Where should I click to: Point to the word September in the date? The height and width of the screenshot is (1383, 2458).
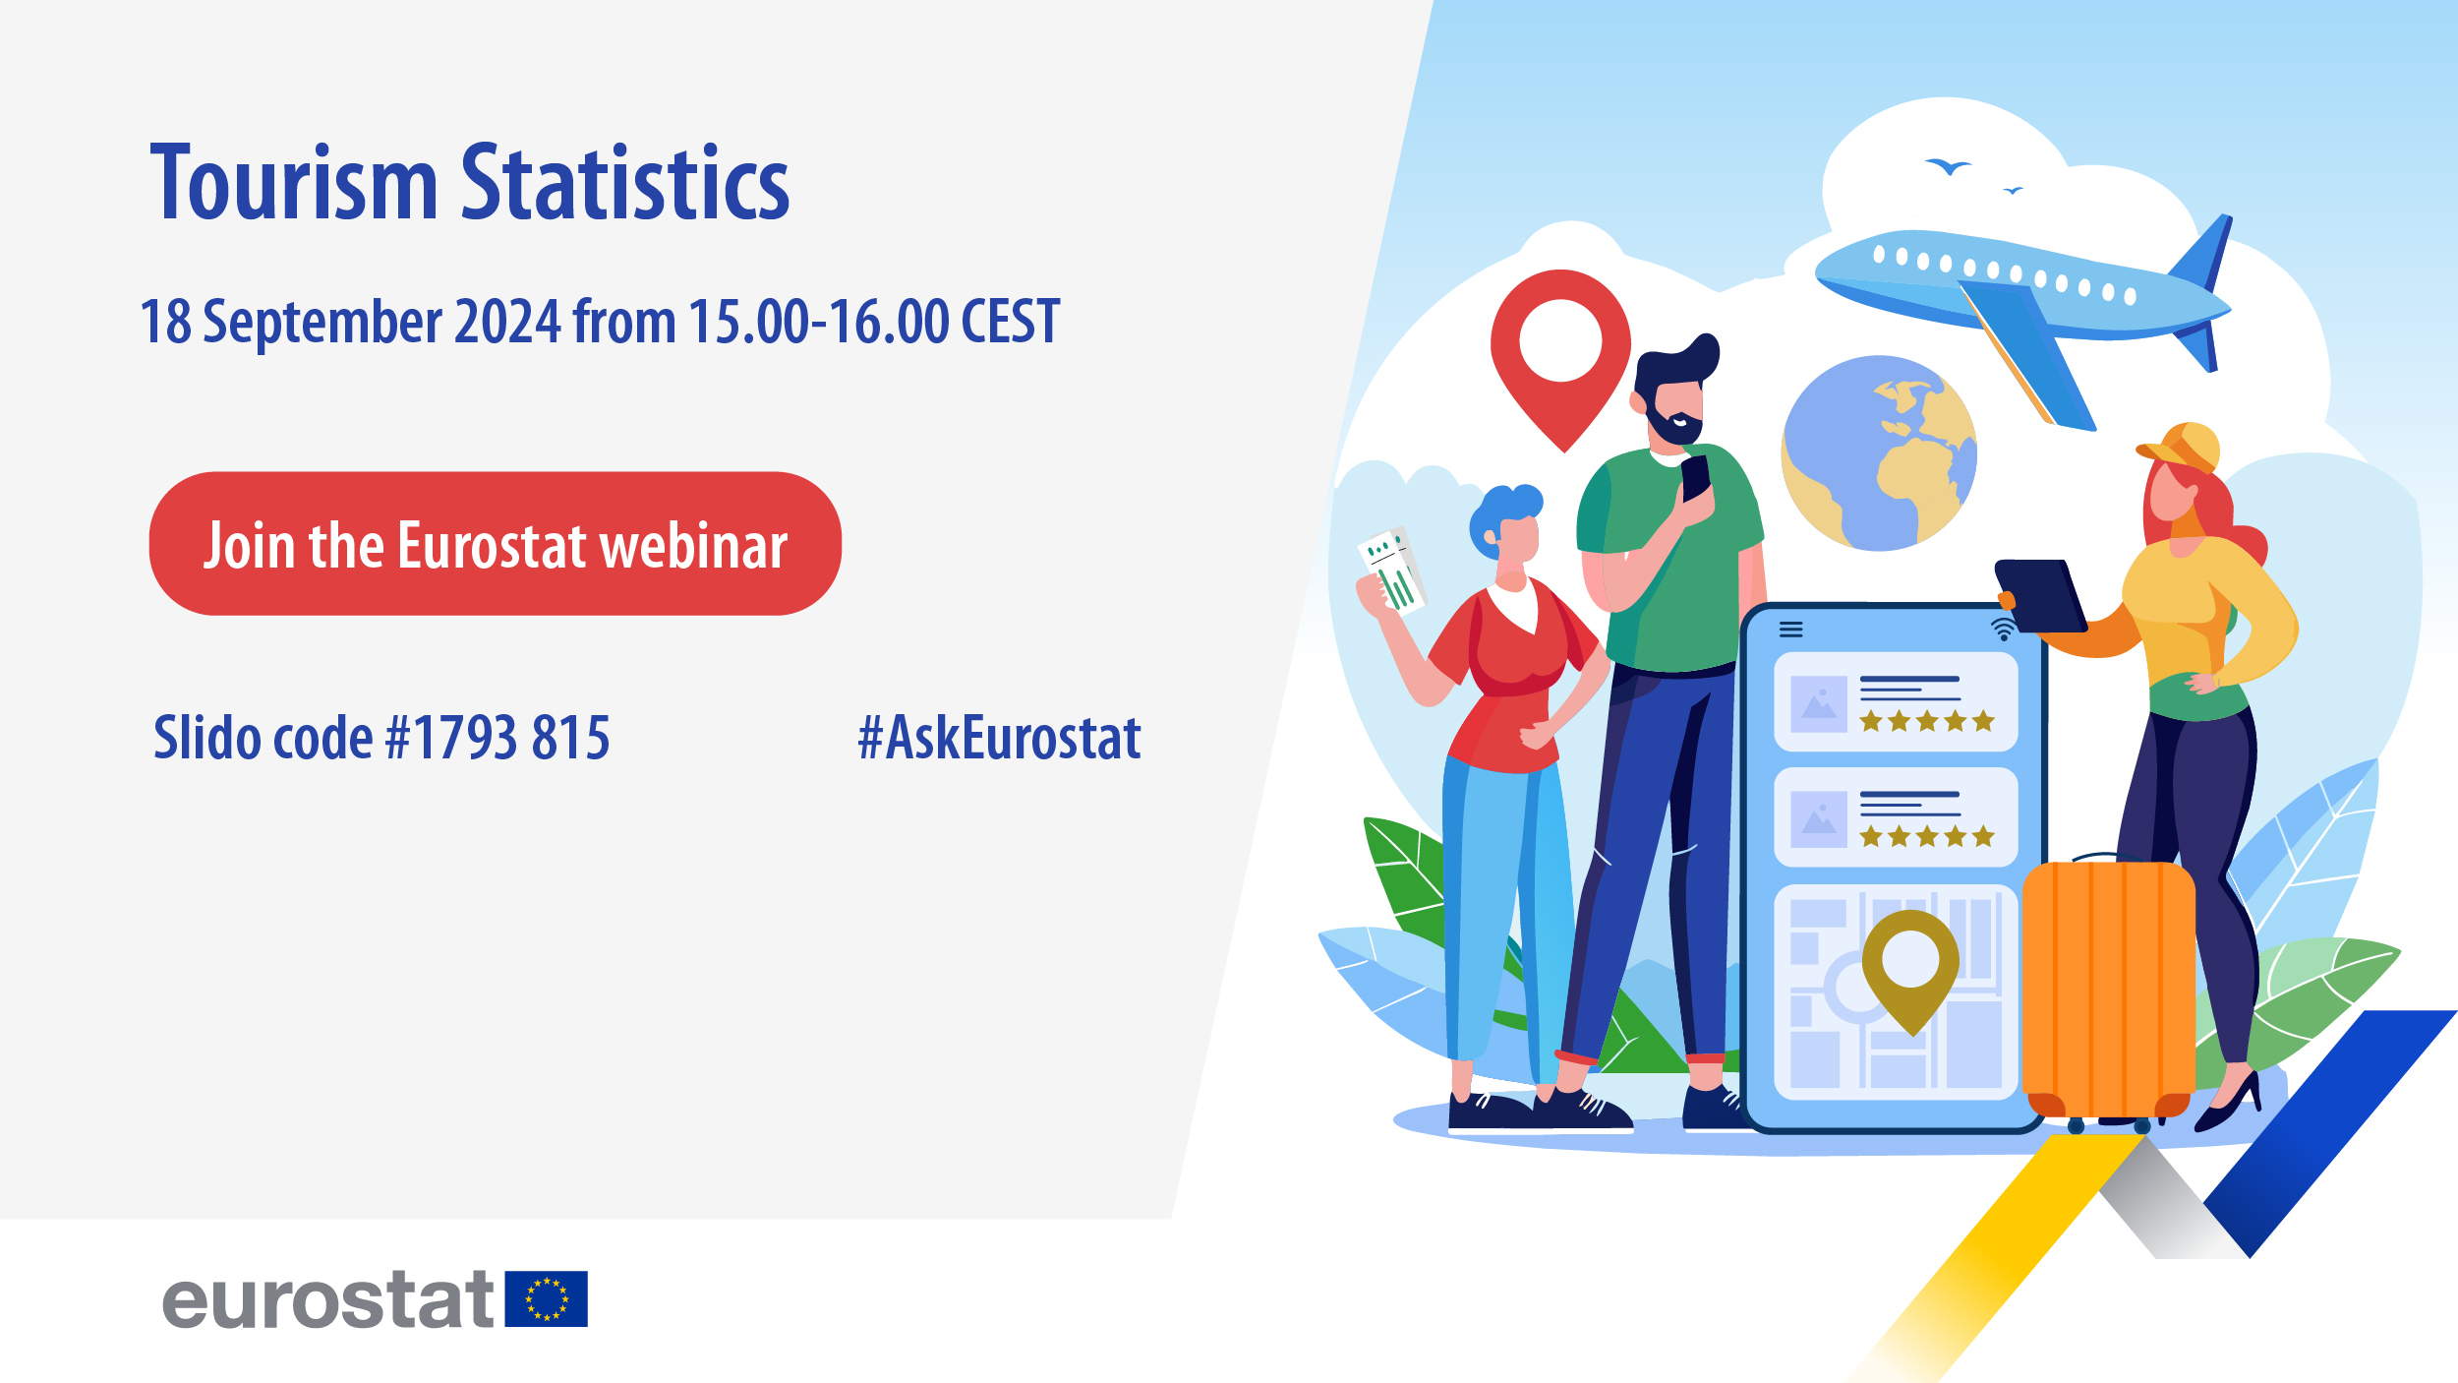(x=322, y=323)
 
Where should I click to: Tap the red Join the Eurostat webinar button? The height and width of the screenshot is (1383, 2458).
(x=495, y=544)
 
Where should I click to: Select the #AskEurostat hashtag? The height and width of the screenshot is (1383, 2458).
(x=999, y=738)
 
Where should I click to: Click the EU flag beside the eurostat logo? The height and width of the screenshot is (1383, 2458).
(x=546, y=1298)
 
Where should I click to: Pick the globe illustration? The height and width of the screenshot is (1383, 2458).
(x=1879, y=453)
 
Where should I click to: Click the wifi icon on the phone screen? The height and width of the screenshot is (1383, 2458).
(x=2003, y=629)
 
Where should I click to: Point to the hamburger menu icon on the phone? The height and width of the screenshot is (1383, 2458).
(x=1791, y=630)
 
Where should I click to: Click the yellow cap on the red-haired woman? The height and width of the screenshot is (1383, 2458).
(x=2182, y=448)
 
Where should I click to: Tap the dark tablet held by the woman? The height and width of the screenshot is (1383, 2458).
(x=2041, y=595)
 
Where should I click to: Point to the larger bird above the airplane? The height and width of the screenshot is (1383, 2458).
(x=1948, y=166)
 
